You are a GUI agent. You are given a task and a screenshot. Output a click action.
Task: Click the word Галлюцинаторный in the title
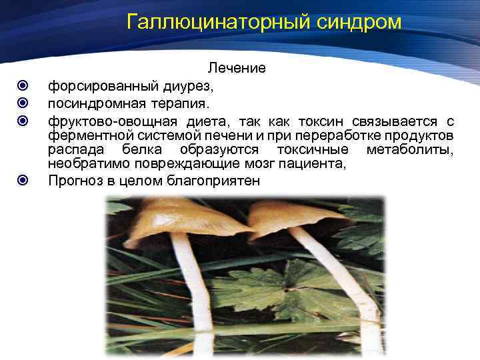coord(213,23)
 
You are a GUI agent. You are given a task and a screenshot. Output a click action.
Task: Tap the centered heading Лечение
coord(237,68)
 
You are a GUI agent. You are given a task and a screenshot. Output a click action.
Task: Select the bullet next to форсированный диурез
coord(23,86)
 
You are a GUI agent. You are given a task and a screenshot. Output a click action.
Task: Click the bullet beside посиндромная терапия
coord(23,103)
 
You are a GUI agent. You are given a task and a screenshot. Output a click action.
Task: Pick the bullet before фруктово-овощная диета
coord(23,121)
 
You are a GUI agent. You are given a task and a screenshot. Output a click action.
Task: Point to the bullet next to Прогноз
coord(23,181)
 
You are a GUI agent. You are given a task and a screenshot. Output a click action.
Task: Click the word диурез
coord(189,86)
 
